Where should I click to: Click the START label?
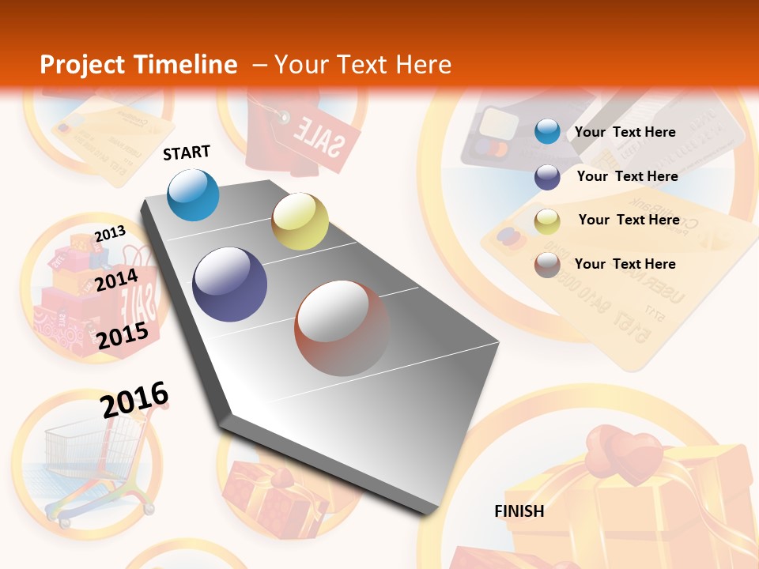(x=187, y=153)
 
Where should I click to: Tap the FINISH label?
(x=519, y=511)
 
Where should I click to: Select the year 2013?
(x=110, y=233)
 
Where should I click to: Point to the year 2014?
(x=116, y=280)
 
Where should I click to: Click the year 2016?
(x=134, y=399)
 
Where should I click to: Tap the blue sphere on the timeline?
(x=194, y=194)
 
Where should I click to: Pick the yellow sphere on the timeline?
(x=300, y=221)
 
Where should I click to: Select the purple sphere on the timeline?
(x=230, y=284)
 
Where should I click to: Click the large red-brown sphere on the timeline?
(x=342, y=328)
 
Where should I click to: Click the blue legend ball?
(x=547, y=131)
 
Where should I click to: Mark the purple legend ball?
(x=547, y=177)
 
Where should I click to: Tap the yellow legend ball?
(x=547, y=221)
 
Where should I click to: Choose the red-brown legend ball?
(x=547, y=265)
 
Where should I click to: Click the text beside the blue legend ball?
(x=625, y=132)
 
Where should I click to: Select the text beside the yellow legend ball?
(x=629, y=220)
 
